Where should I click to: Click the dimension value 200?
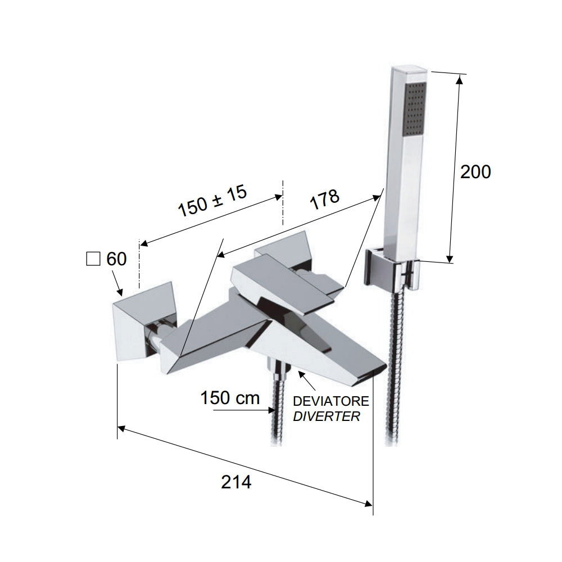[475, 172]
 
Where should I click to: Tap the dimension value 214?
[236, 482]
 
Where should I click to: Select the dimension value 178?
[324, 200]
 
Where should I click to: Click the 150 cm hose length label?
[230, 398]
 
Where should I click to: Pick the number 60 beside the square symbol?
[116, 259]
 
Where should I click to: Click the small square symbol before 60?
[93, 259]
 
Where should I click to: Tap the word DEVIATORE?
[330, 401]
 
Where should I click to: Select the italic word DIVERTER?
[327, 416]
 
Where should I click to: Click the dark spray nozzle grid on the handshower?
[415, 109]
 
